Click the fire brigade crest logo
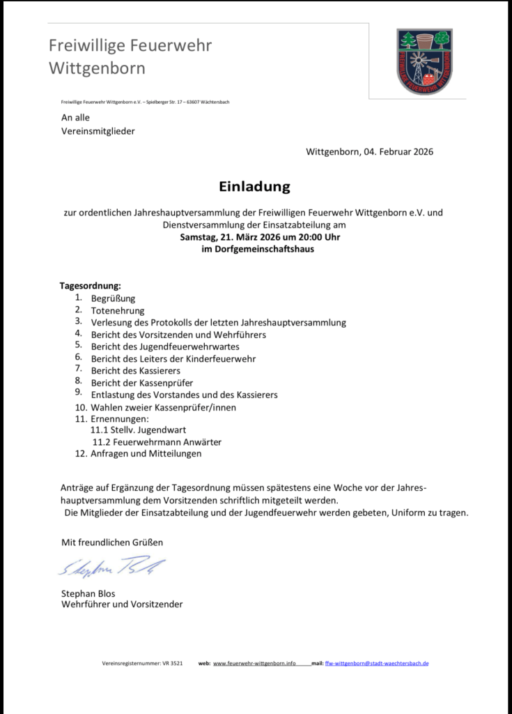[x=424, y=61]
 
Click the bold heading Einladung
[x=254, y=187]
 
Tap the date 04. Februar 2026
[x=398, y=152]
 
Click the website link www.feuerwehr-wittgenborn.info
[x=254, y=663]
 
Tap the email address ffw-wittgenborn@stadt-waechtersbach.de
[x=377, y=663]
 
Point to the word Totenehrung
[x=118, y=310]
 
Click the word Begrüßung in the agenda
[x=113, y=298]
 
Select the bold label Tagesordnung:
[x=91, y=286]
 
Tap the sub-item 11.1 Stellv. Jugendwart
[x=139, y=430]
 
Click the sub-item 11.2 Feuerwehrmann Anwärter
[x=157, y=442]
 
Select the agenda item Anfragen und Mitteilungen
[x=146, y=454]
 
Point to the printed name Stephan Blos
[x=88, y=593]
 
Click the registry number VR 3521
[x=171, y=663]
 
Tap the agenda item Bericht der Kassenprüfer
[x=142, y=383]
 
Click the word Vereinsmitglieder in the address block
[x=98, y=131]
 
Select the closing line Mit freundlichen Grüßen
[x=112, y=542]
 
